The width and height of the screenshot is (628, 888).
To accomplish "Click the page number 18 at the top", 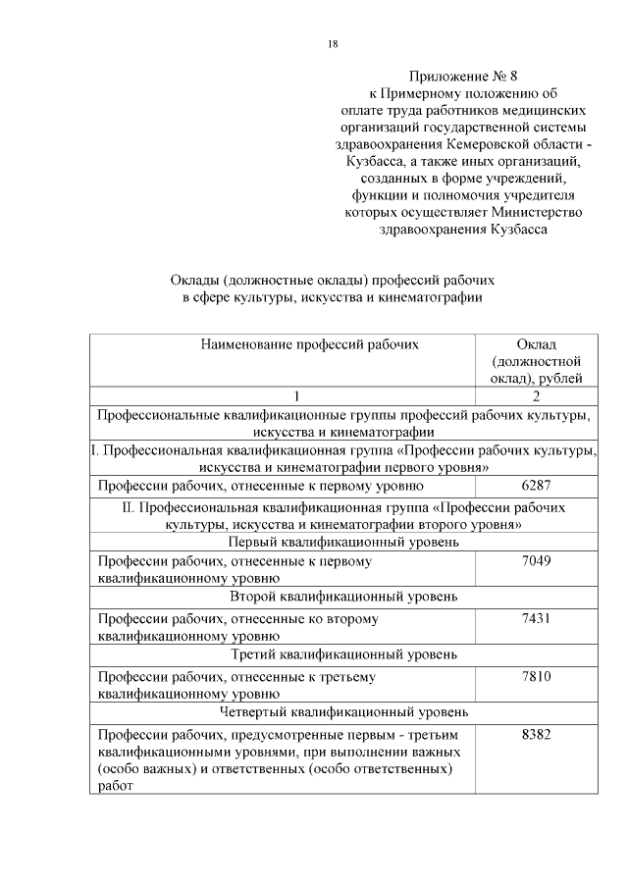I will pos(333,44).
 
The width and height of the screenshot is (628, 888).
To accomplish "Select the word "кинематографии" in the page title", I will pos(436,297).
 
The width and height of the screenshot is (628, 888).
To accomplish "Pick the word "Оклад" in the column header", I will pos(537,344).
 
